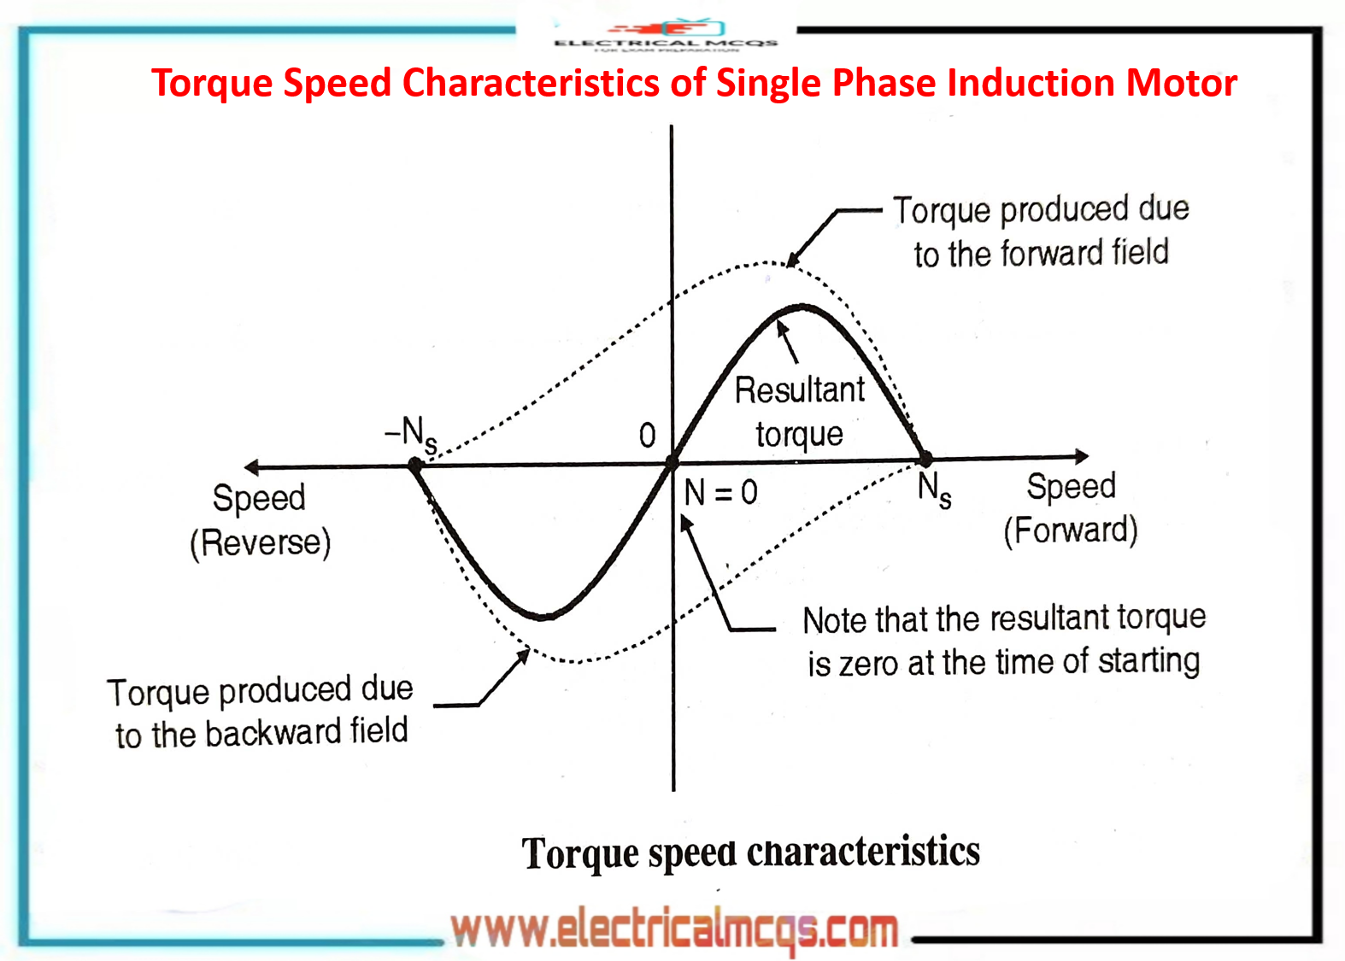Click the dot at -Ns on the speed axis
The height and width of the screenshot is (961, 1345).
(416, 466)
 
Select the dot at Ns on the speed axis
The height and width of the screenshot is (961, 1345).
(925, 460)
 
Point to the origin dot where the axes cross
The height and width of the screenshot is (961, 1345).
(672, 463)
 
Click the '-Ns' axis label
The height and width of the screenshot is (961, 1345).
(411, 434)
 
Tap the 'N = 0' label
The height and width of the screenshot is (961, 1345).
(720, 492)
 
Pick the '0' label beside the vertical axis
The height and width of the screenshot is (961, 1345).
(648, 436)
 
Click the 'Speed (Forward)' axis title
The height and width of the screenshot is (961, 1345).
(1070, 508)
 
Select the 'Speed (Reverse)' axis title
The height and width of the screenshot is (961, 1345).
(260, 519)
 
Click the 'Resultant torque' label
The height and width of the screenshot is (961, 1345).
(800, 412)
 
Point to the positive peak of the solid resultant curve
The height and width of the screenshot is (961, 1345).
(802, 307)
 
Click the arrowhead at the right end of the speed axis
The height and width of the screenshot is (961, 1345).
(1082, 456)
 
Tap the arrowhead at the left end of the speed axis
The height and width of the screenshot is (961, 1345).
(251, 466)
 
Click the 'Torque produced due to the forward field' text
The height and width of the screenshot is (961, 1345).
(1041, 231)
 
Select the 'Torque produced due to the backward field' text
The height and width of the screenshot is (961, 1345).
(261, 712)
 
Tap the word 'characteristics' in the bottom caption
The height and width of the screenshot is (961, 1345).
(863, 852)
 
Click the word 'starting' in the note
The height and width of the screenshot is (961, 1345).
(1148, 661)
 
